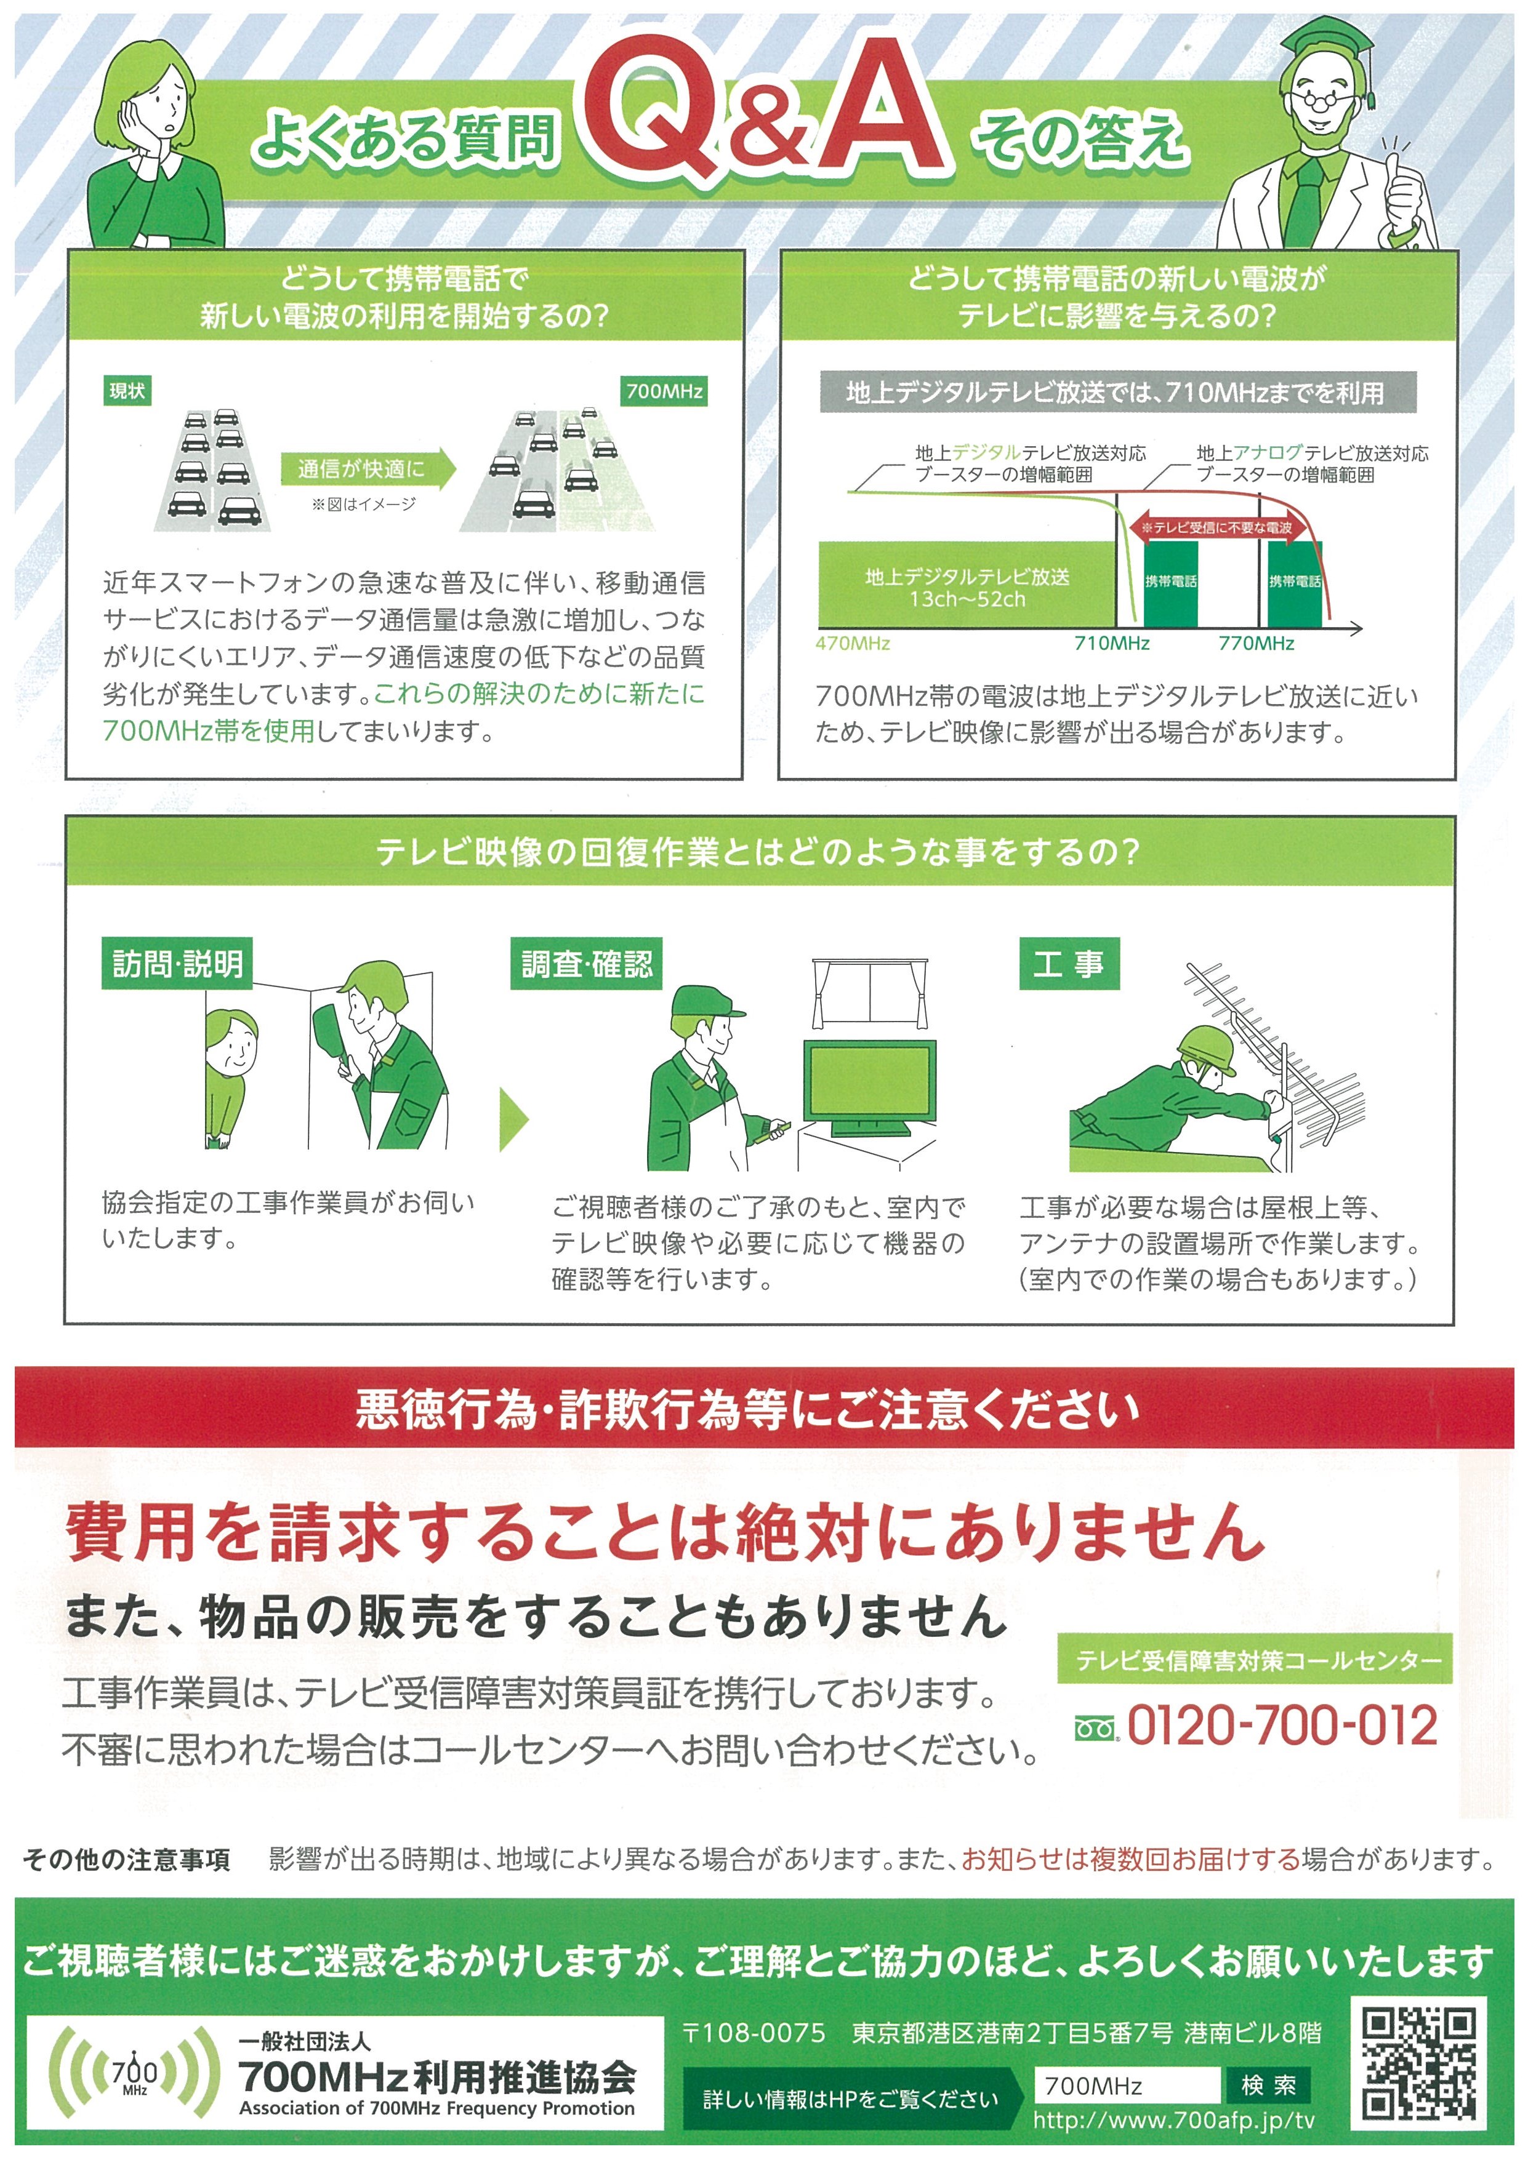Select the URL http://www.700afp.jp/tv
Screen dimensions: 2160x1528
1173,2121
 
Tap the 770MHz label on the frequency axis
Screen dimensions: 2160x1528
1256,644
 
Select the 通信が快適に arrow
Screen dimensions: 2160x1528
367,468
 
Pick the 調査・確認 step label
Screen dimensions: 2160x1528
586,963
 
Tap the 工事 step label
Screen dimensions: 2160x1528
1069,963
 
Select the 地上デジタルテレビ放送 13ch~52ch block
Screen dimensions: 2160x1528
967,586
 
